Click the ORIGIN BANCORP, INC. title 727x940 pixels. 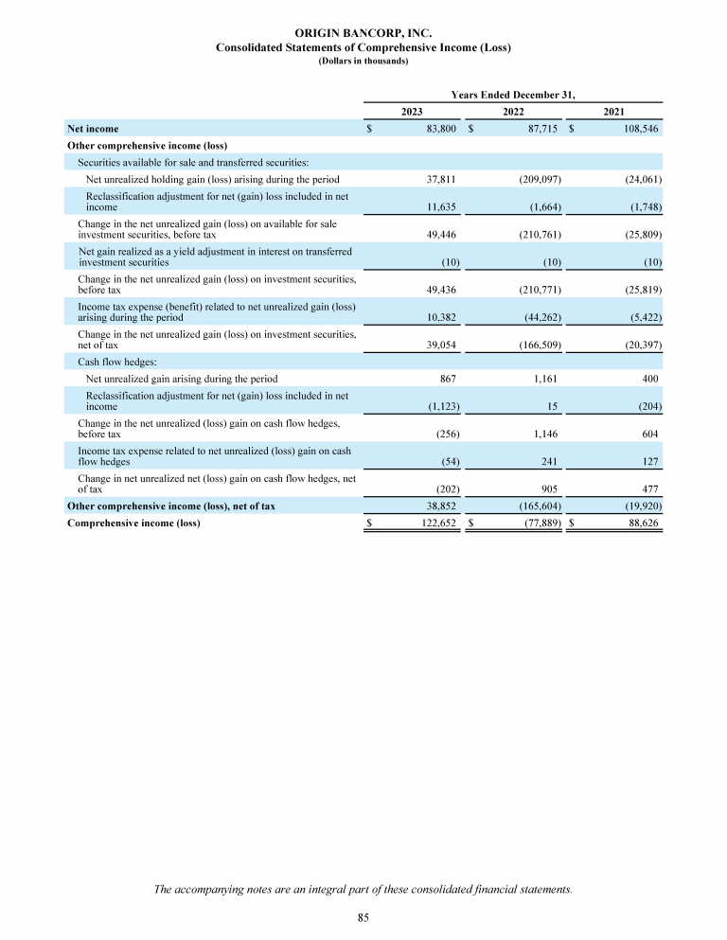363,34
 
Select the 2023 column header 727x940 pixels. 412,112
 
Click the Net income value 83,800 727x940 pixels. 441,127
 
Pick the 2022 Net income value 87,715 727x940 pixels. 542,127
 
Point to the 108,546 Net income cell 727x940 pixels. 641,127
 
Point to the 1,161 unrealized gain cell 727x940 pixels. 546,379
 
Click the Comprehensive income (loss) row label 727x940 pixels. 133,522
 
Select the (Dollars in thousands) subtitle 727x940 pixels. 363,61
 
